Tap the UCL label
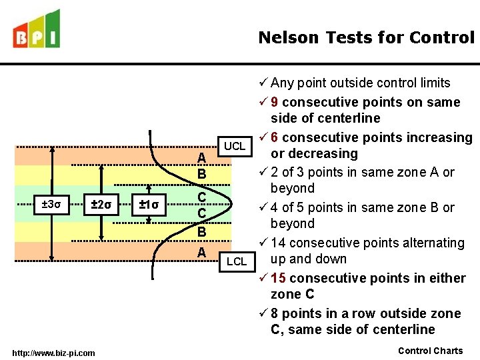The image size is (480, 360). tap(234, 146)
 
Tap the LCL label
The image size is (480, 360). tap(236, 261)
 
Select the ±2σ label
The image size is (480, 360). tap(101, 204)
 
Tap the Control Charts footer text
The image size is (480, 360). tap(430, 351)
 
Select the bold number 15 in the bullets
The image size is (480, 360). tap(279, 278)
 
